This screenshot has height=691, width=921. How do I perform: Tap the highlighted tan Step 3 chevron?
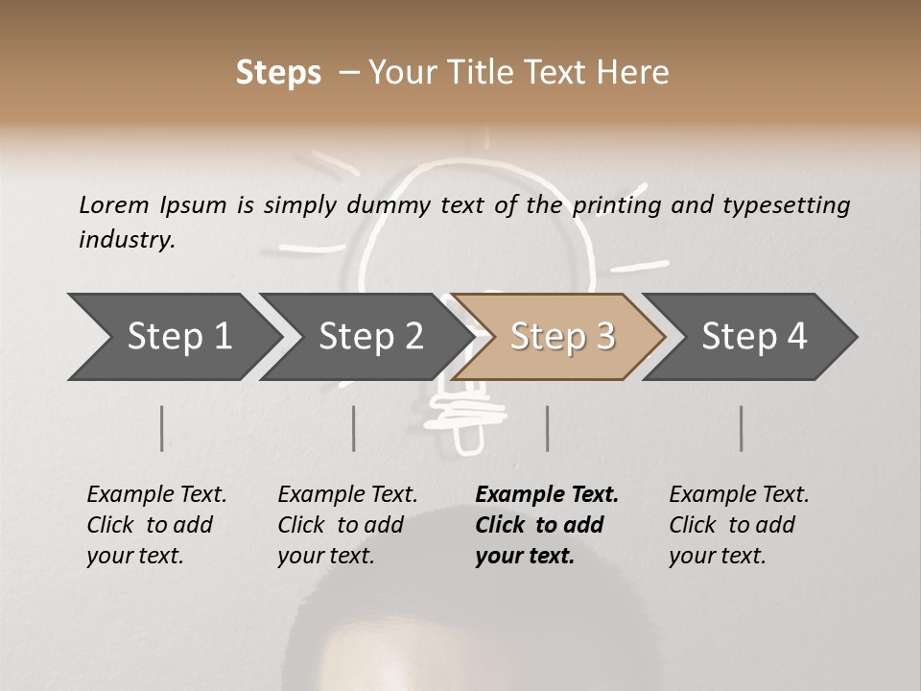point(562,337)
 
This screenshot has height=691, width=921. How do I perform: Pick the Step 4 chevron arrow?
point(754,337)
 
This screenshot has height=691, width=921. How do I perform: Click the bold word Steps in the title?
point(278,73)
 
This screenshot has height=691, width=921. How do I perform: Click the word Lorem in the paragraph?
point(113,204)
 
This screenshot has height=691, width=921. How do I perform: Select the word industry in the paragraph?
point(126,239)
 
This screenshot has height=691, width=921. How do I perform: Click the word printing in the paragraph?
point(619,204)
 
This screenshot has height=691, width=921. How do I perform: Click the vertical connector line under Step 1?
point(162,428)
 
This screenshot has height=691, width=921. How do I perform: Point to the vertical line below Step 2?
point(354,428)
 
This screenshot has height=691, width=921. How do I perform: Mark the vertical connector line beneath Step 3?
point(547,428)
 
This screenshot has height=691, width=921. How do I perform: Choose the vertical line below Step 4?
point(742,428)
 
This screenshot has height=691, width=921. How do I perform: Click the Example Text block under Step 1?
point(156,525)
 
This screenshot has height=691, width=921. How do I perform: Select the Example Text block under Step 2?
point(347,525)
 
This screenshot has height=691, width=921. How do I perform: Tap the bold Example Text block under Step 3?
point(547,525)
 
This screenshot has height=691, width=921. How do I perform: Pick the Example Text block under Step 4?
point(739,525)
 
